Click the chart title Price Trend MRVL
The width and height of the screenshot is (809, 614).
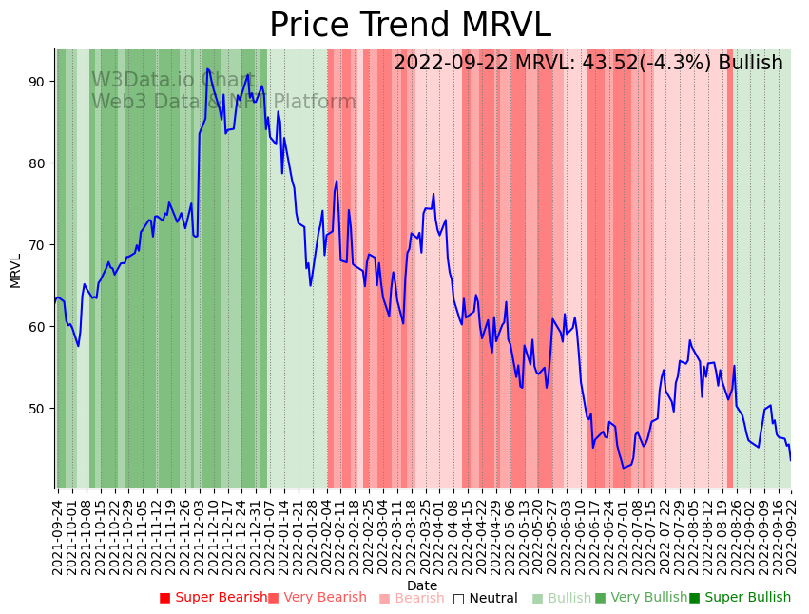click(x=410, y=26)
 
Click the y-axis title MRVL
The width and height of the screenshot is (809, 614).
click(x=15, y=270)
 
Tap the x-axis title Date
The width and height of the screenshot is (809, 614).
click(x=422, y=585)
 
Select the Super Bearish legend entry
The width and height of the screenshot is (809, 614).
click(x=214, y=598)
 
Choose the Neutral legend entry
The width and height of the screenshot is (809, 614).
click(x=486, y=598)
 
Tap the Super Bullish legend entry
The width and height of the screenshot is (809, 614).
click(x=741, y=598)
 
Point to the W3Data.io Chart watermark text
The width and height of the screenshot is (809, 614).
click(x=172, y=80)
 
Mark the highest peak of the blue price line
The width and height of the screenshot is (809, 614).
click(x=207, y=68)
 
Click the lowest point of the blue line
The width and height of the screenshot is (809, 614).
click(x=624, y=468)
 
